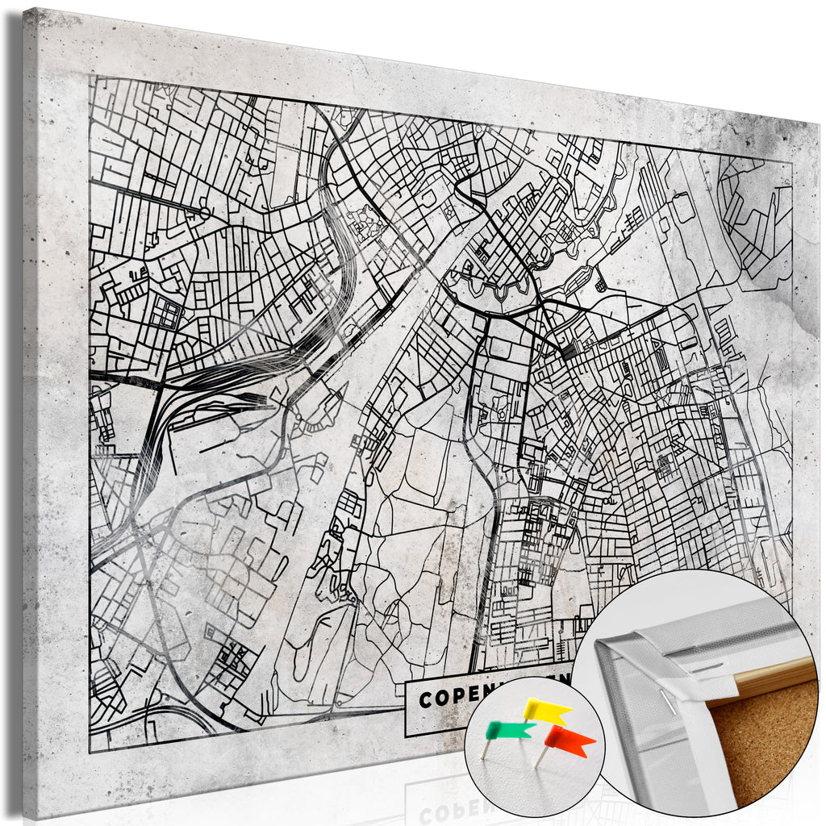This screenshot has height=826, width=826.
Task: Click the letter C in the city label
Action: (x=424, y=699)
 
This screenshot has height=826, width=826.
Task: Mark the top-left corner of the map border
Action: (x=90, y=76)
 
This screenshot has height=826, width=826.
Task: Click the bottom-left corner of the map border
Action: (x=90, y=751)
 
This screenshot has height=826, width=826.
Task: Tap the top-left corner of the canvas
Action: (x=24, y=10)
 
